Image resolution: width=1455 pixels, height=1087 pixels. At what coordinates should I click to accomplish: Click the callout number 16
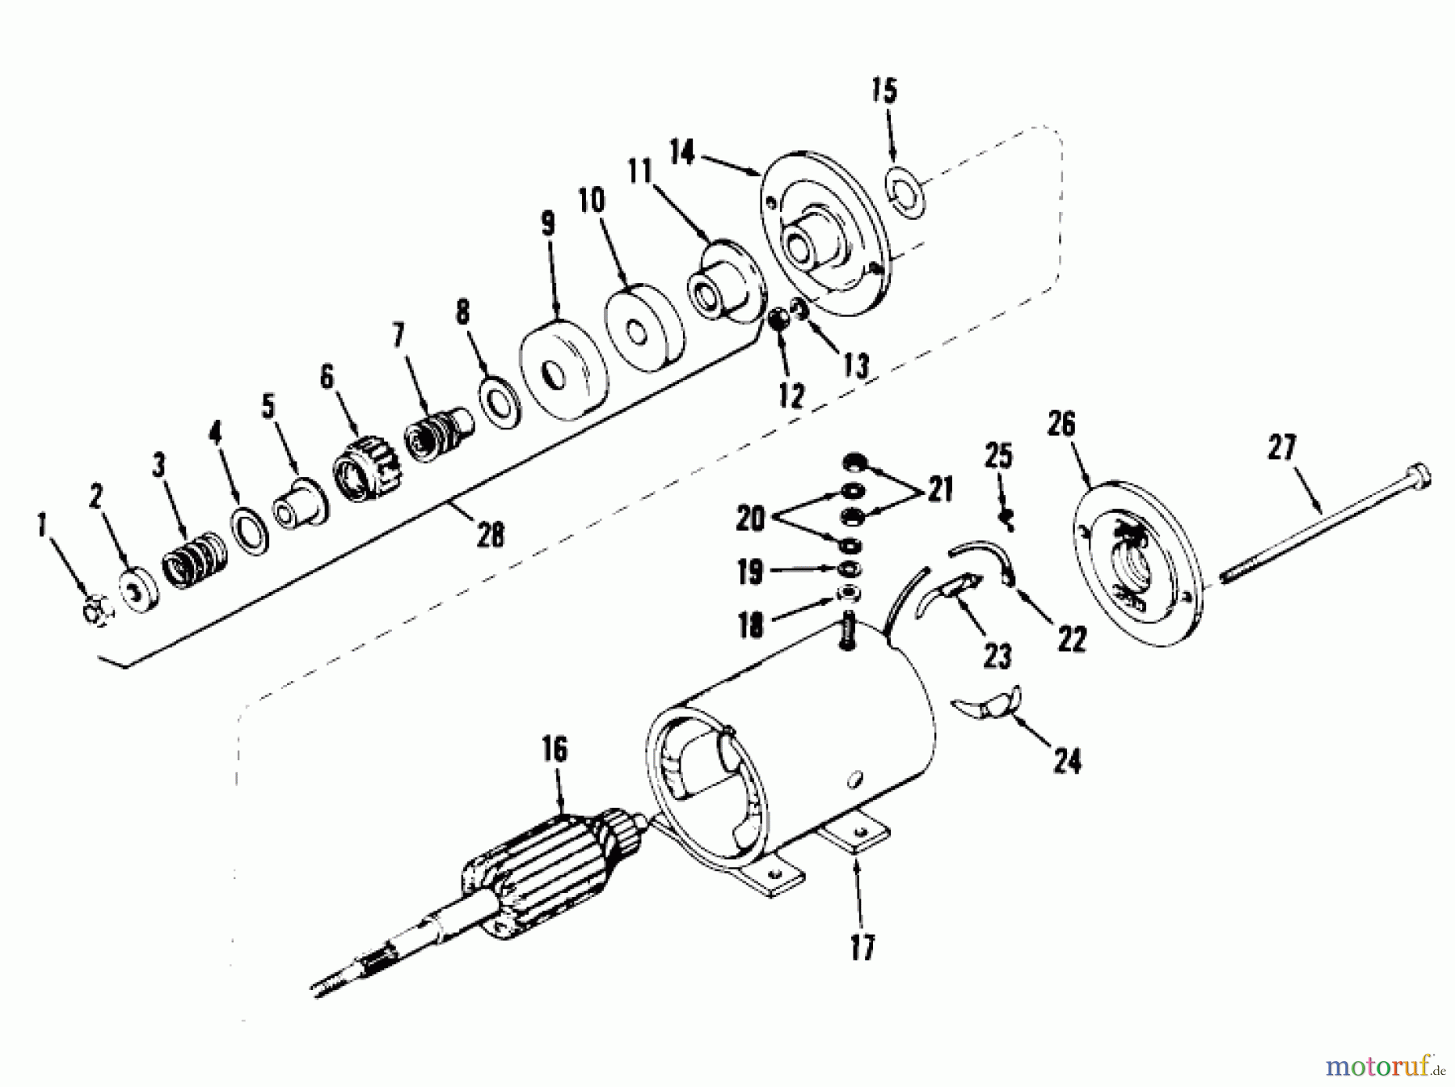click(555, 749)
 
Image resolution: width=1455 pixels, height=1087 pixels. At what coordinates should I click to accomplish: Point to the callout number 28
click(491, 535)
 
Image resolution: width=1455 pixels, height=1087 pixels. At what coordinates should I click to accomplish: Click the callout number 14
click(682, 152)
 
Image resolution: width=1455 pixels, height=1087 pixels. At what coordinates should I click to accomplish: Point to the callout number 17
click(862, 947)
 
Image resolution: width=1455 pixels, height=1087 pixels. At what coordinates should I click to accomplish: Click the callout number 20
click(749, 518)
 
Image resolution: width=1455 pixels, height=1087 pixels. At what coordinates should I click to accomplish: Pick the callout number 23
click(997, 655)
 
